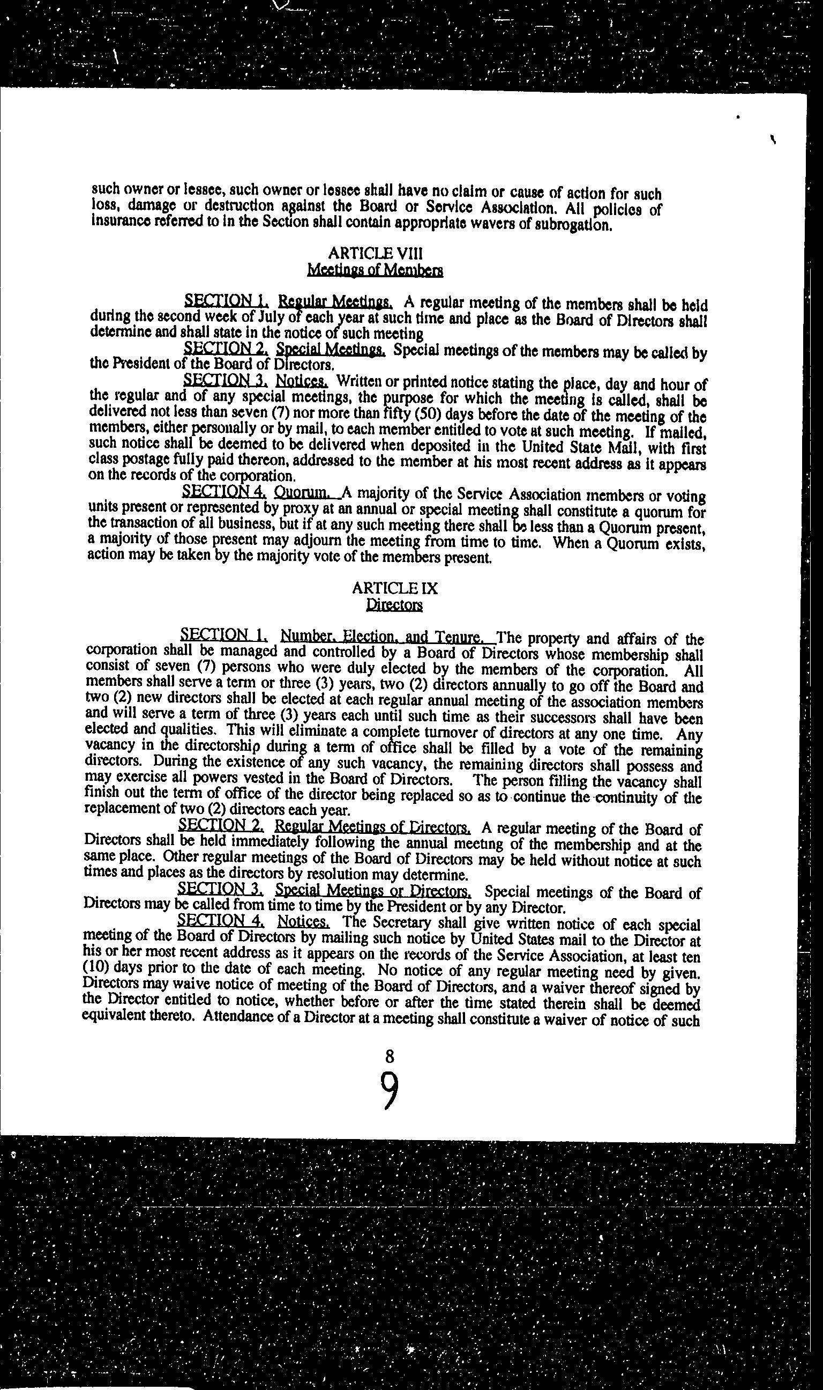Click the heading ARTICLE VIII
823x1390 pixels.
[376, 254]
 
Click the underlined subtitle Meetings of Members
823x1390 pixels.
[376, 270]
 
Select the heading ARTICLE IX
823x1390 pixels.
[395, 588]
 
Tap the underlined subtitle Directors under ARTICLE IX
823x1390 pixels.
[395, 604]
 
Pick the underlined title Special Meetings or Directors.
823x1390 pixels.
[373, 891]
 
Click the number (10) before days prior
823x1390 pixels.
[94, 970]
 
